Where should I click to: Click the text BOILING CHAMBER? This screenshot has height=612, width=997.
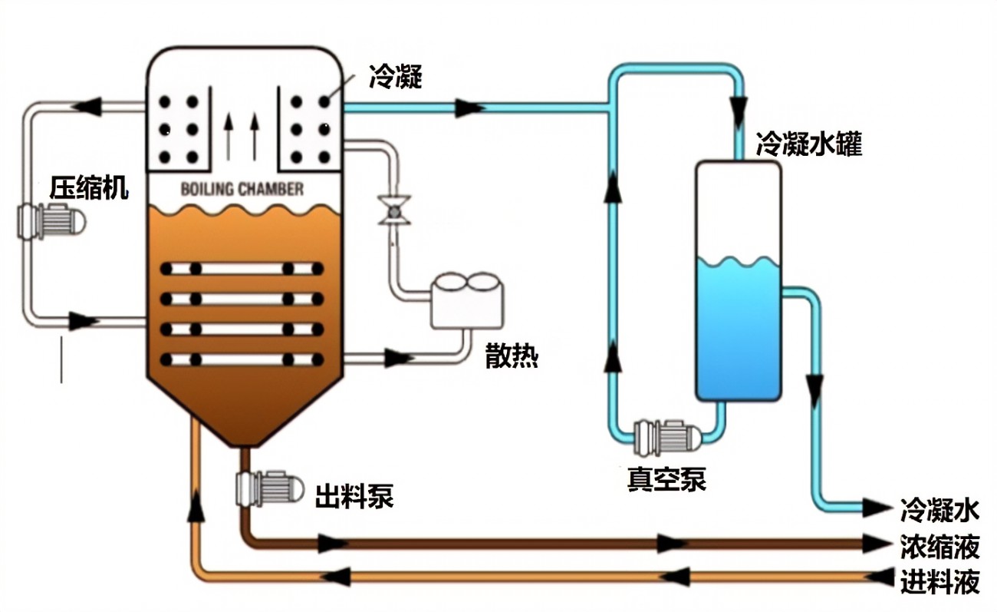pyautogui.click(x=242, y=189)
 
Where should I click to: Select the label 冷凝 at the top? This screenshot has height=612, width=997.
pyautogui.click(x=395, y=78)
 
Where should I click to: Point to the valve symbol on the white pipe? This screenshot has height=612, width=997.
pyautogui.click(x=393, y=210)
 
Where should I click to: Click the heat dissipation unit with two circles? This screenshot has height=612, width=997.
pyautogui.click(x=467, y=300)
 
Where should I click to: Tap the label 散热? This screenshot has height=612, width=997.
pyautogui.click(x=512, y=356)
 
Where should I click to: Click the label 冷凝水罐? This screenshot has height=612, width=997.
pyautogui.click(x=808, y=144)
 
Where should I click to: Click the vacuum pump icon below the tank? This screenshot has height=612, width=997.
pyautogui.click(x=667, y=437)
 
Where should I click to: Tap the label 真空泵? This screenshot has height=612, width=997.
pyautogui.click(x=666, y=479)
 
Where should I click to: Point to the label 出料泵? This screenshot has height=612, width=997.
pyautogui.click(x=354, y=496)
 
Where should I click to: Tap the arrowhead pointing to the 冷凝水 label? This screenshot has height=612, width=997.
pyautogui.click(x=875, y=508)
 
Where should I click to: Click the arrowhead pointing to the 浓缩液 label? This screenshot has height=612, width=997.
pyautogui.click(x=875, y=544)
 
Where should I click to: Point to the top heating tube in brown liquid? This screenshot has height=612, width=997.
pyautogui.click(x=242, y=269)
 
